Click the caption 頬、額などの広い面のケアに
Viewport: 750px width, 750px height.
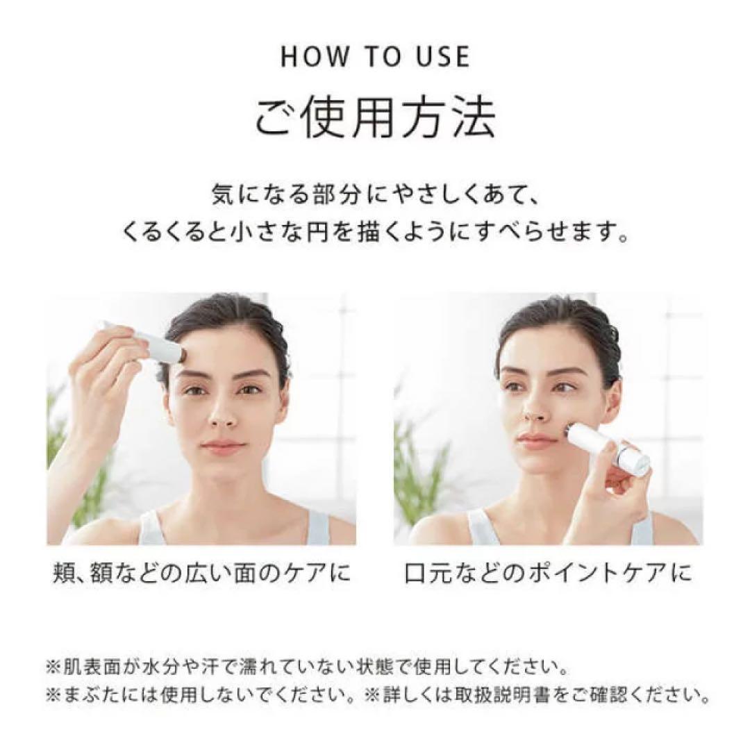pyautogui.click(x=201, y=573)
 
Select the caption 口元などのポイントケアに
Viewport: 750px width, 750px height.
pyautogui.click(x=548, y=573)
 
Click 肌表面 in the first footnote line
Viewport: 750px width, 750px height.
pyautogui.click(x=92, y=666)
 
